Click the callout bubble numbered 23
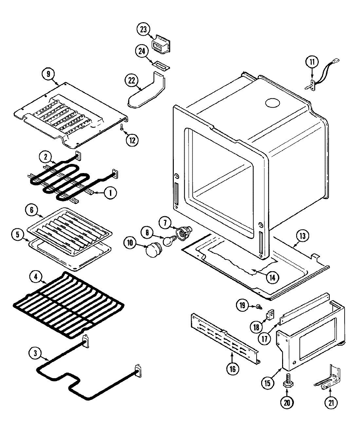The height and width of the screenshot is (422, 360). point(143,29)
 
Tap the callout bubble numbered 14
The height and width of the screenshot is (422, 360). point(273,277)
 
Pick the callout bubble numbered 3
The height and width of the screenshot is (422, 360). point(35,353)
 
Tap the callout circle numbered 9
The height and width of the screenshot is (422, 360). point(48,74)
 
